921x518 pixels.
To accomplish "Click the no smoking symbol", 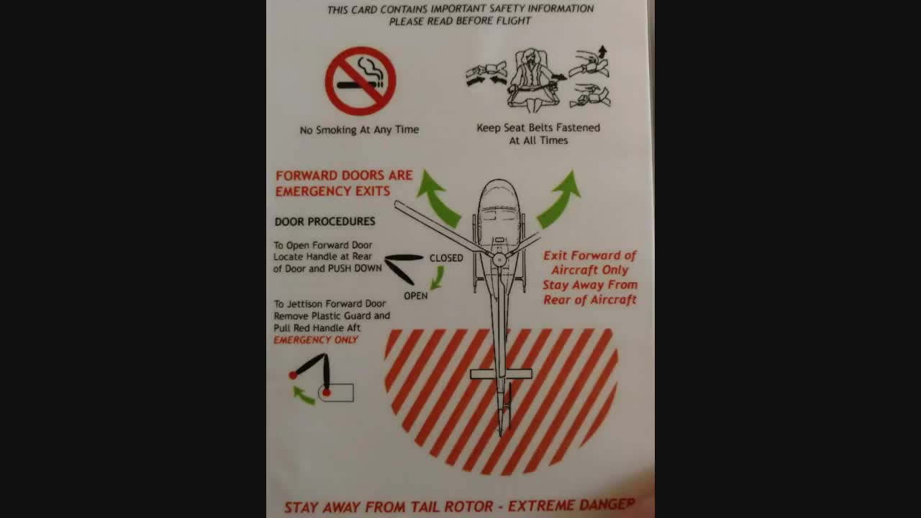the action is [360, 81].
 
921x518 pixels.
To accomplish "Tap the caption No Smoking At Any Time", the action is [359, 130].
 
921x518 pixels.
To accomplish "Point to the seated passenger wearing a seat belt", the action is [531, 80].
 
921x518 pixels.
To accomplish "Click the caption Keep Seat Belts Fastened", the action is [538, 128].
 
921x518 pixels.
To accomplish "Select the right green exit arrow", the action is [560, 200].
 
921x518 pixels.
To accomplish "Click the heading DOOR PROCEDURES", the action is [325, 222].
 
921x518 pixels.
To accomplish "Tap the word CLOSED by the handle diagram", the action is [446, 258].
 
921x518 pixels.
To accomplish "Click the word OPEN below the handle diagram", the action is [416, 296].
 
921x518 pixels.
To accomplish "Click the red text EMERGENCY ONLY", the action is [316, 340].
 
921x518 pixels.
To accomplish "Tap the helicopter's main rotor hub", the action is [499, 260].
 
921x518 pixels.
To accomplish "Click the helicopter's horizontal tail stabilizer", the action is [501, 374].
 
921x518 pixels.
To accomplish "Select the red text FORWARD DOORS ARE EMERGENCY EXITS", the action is [344, 183].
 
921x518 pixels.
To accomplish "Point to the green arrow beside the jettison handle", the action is [304, 396].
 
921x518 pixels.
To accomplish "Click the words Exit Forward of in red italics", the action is [589, 255].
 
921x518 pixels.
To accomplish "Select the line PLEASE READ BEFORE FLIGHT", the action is [460, 21].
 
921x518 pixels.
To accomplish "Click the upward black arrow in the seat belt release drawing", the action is [602, 51].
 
